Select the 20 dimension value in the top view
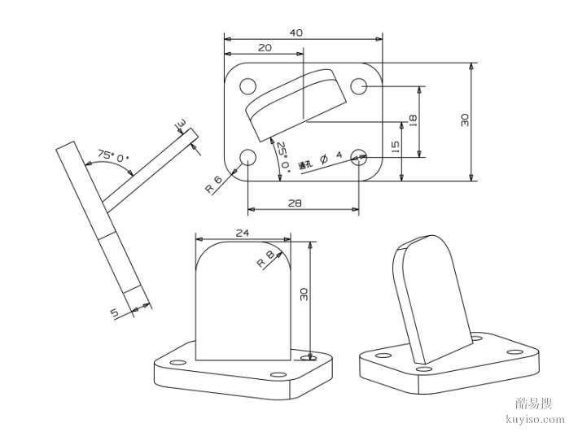tap(265, 49)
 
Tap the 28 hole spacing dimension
tap(301, 203)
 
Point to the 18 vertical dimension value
tap(413, 119)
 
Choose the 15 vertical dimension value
tap(395, 146)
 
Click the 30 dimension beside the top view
tap(464, 120)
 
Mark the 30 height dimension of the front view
tap(304, 294)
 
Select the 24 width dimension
tap(242, 233)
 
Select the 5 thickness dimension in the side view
tap(114, 312)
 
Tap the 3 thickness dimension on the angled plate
tap(181, 124)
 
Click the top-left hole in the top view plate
tap(247, 85)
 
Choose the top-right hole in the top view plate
tap(358, 85)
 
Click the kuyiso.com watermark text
tap(535, 419)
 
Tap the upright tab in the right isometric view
tap(430, 297)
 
